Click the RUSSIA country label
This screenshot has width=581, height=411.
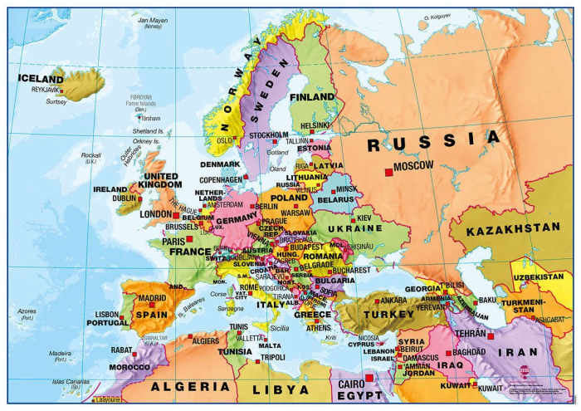pyautogui.click(x=435, y=142)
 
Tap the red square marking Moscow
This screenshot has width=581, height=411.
pyautogui.click(x=388, y=172)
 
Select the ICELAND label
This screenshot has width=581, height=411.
pyautogui.click(x=40, y=79)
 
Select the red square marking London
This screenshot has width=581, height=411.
pyautogui.click(x=175, y=215)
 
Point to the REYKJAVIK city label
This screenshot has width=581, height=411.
pyautogui.click(x=47, y=89)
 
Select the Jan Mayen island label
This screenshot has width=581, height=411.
pyautogui.click(x=154, y=19)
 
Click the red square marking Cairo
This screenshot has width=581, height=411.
pyautogui.click(x=369, y=376)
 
